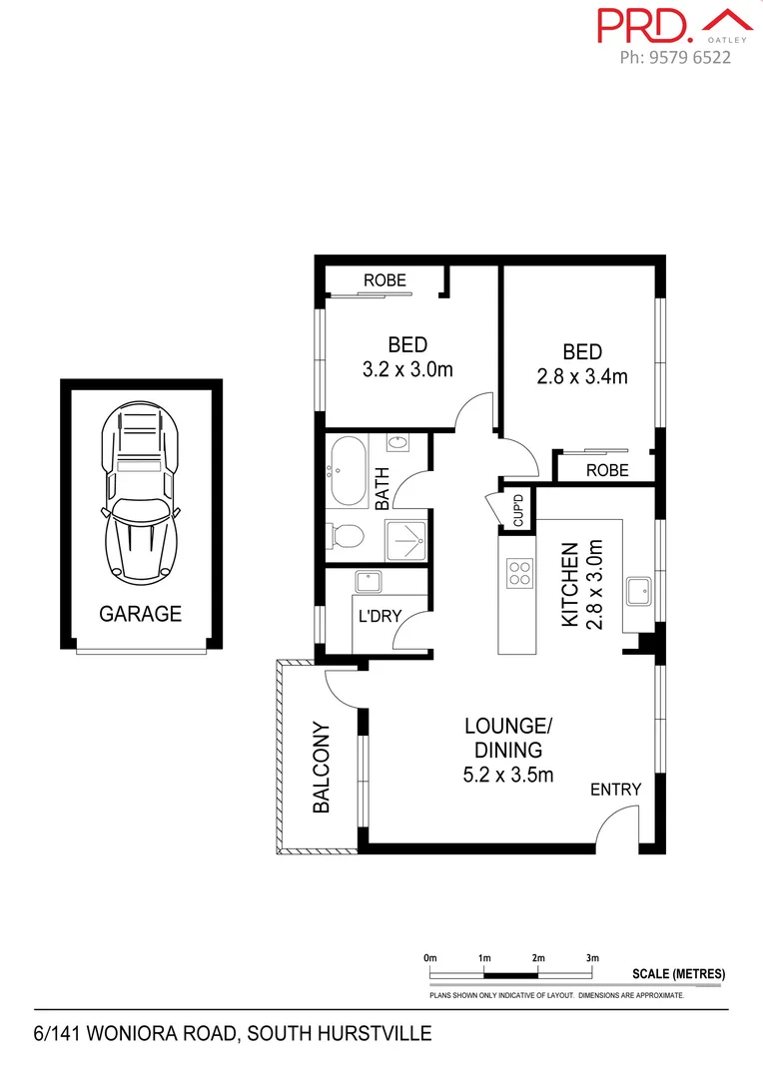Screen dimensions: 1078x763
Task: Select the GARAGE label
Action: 140,614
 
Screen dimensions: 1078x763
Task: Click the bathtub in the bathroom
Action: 350,472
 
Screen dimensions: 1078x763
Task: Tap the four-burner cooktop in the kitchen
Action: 520,573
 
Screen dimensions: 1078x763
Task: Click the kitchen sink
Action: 636,591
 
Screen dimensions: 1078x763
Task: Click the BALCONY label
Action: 322,768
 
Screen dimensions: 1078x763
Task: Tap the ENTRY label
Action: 615,790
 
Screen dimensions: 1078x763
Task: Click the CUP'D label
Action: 517,511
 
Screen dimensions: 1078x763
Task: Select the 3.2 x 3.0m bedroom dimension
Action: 407,370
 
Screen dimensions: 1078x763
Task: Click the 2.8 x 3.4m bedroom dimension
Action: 581,377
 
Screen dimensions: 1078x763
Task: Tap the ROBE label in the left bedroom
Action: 384,280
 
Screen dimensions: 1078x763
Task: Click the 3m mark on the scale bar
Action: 591,958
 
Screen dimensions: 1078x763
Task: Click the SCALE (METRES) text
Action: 679,974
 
